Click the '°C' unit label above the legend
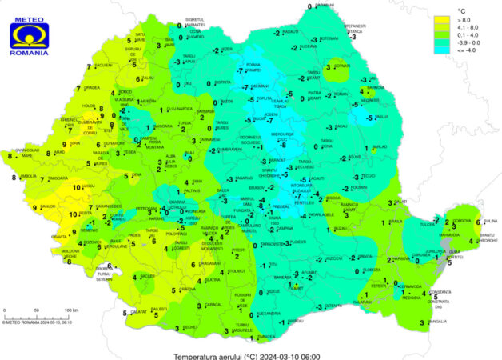pos(458,7)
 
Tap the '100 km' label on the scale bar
pos(70,309)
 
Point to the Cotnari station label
pos(343,66)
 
